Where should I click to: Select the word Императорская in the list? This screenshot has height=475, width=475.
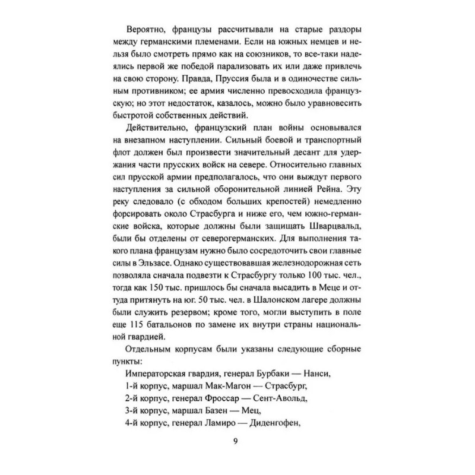pyautogui.click(x=160, y=373)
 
